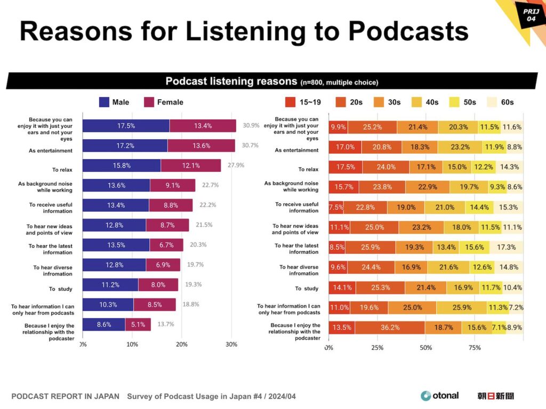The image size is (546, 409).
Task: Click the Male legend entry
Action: coord(114,102)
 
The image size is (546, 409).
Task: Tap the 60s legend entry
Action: coord(501,102)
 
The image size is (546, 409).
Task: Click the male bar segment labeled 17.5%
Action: coord(126,126)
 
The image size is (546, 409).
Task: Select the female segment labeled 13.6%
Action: coord(201,146)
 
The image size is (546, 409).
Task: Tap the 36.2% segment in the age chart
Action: coord(390,327)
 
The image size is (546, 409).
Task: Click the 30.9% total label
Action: coord(251,126)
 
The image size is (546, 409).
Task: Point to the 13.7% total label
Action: coord(165,324)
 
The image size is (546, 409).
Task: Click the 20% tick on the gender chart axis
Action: coord(182,344)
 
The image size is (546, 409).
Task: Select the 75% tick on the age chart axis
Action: coord(474,348)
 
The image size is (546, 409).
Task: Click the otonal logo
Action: coord(440,396)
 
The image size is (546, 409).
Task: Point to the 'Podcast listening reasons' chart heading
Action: coord(231,82)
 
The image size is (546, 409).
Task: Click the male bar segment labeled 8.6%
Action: coord(104,324)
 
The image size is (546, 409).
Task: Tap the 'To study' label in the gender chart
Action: coord(60,289)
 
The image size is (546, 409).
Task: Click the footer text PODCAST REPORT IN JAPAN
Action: coord(65,396)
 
